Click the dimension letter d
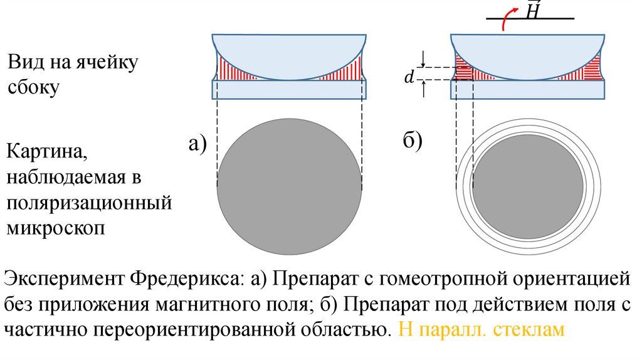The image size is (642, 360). (x=408, y=78)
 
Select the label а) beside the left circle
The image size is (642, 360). (x=197, y=144)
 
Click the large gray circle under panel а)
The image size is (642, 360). (x=289, y=187)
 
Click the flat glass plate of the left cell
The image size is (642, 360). (x=289, y=90)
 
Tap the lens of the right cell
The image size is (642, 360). (x=529, y=53)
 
